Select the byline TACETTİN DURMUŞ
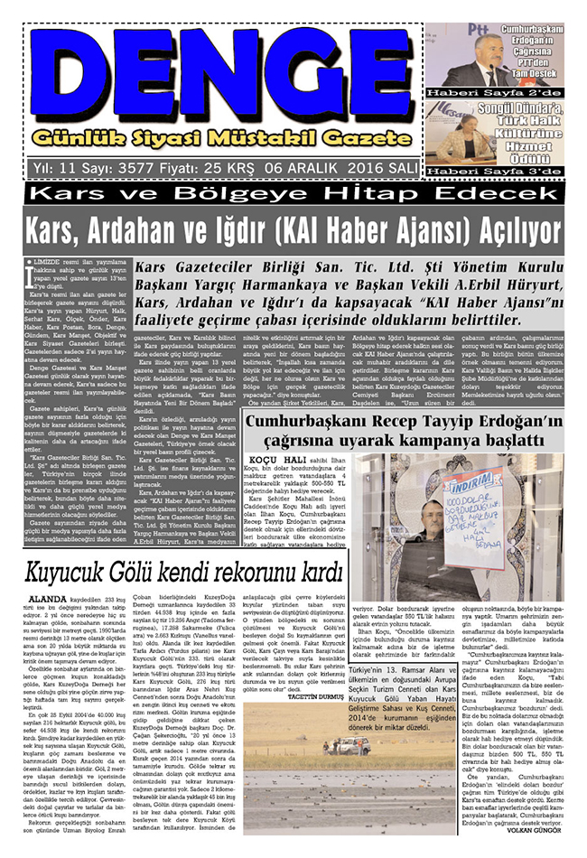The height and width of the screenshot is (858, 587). click(x=319, y=697)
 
